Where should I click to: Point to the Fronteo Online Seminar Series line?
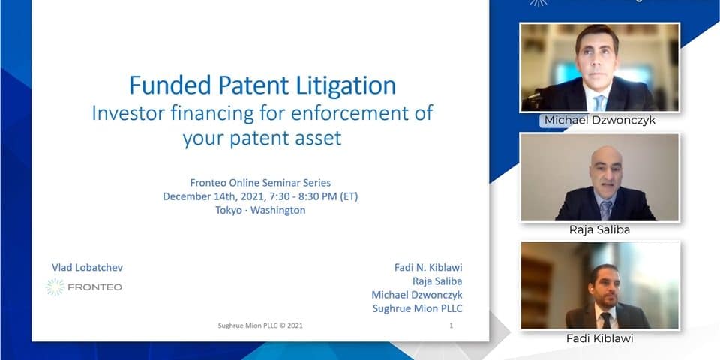(260, 183)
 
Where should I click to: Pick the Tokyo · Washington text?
(260, 211)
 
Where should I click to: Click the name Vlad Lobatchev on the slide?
(87, 268)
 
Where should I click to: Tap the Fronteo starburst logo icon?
(55, 287)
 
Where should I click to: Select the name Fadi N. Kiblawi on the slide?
(428, 267)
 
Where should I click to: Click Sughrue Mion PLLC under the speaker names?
(418, 308)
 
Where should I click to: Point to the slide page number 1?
(451, 325)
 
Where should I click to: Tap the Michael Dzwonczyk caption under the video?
(600, 120)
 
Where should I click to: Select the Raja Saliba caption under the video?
(600, 229)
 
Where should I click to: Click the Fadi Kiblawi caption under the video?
(600, 338)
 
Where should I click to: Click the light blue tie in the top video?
(600, 103)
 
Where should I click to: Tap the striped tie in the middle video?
(606, 211)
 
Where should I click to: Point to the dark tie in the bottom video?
(606, 320)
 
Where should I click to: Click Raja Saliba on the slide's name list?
(437, 281)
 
